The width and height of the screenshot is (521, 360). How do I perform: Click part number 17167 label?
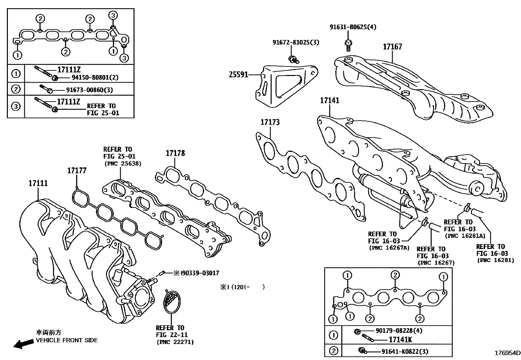tap(392, 47)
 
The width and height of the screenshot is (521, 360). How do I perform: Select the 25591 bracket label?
tap(238, 75)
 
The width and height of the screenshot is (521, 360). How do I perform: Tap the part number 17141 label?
tap(330, 101)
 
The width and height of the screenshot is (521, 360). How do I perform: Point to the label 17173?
tap(270, 123)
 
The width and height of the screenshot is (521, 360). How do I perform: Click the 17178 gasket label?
tap(175, 153)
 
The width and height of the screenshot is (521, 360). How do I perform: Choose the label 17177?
tap(77, 170)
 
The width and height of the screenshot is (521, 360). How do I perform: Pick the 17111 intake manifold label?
tap(38, 183)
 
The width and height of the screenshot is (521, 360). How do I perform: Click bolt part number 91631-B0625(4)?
tap(352, 27)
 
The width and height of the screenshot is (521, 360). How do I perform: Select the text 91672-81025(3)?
tap(296, 42)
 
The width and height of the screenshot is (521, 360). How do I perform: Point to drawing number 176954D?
tap(507, 353)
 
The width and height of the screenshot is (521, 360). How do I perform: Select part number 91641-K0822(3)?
tap(405, 351)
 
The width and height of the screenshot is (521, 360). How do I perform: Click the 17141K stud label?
tap(400, 340)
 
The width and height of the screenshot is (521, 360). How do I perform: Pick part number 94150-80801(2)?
tap(95, 78)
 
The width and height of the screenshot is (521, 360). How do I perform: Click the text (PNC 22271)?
tap(175, 342)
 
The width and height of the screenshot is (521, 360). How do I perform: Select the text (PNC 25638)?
tap(122, 163)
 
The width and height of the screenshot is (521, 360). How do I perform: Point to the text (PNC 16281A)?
tap(464, 236)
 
